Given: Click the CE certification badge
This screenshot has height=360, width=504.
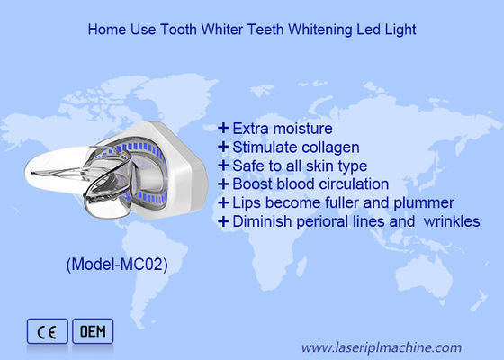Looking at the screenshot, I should [46, 332].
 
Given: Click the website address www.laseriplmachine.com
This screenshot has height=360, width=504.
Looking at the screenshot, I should [381, 346].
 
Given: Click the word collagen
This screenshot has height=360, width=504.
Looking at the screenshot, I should [329, 147].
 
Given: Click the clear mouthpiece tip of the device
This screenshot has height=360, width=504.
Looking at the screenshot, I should [54, 171].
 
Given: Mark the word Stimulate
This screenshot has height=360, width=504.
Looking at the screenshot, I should [263, 147].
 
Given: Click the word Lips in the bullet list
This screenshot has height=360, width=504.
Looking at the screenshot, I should [245, 202].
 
